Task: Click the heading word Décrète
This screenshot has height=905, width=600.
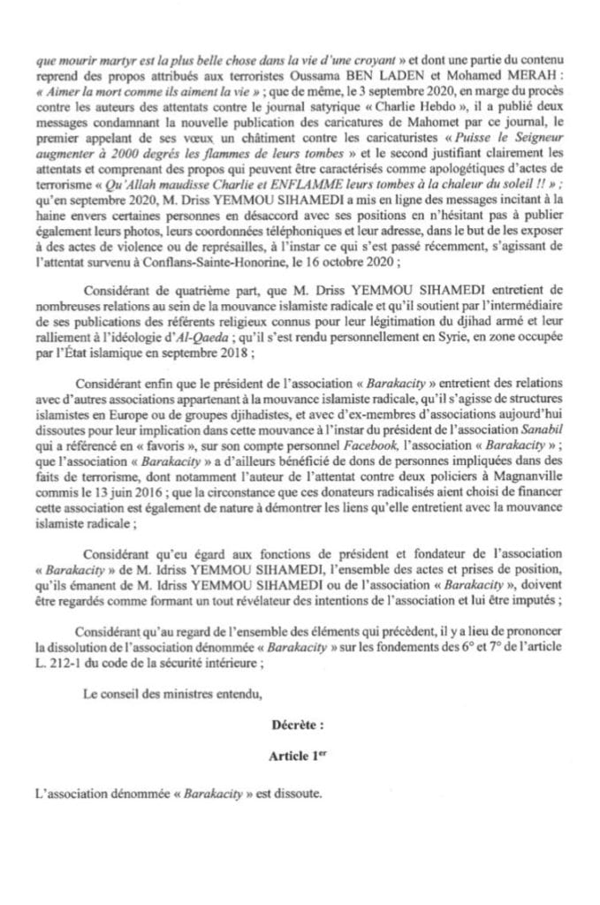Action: pyautogui.click(x=299, y=725)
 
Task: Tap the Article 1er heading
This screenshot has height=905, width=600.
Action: pyautogui.click(x=299, y=758)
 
